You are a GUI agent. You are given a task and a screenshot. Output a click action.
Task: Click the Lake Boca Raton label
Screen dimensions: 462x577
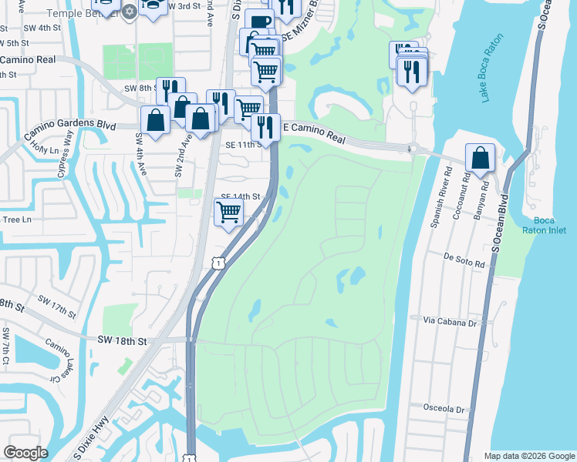pos(491,67)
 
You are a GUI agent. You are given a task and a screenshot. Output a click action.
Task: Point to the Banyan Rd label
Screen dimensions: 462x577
pos(485,196)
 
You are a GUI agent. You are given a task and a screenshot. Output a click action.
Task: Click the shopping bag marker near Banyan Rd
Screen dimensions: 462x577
pos(481,159)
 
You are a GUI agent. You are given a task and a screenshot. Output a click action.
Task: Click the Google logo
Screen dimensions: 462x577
pos(26,453)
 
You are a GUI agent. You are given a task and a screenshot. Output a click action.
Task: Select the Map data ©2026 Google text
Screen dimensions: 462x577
pos(528,456)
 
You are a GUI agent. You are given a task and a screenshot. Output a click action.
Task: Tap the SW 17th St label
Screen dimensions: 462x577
pos(60,309)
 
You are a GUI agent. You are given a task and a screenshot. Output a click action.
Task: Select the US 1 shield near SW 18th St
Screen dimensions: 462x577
pos(219,264)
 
